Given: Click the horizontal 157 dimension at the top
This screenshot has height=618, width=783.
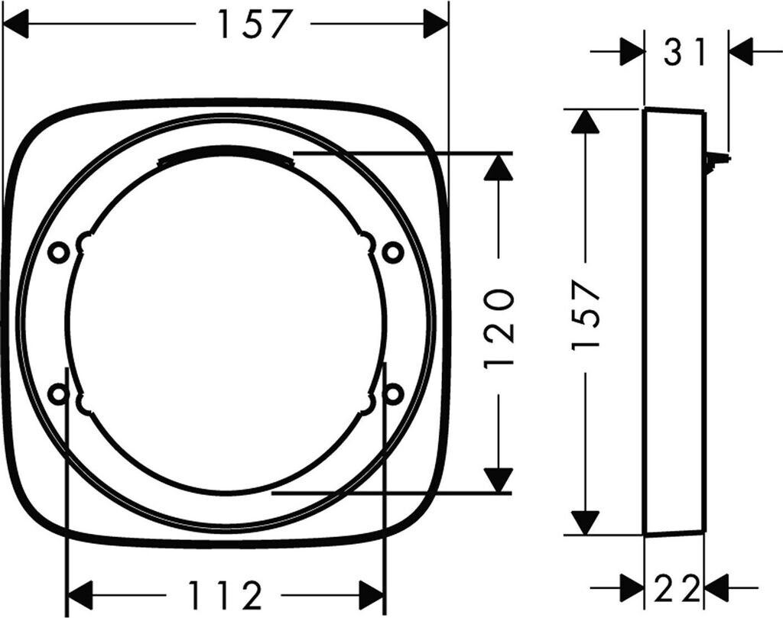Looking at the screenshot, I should [254, 25].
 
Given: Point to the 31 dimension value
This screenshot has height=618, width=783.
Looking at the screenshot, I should [684, 53].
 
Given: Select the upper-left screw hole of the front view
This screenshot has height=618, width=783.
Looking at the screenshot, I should [57, 251].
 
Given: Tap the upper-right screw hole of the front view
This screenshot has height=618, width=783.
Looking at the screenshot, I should [392, 251].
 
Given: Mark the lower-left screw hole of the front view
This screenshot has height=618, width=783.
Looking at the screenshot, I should [57, 393].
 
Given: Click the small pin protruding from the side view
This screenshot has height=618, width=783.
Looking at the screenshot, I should [716, 160].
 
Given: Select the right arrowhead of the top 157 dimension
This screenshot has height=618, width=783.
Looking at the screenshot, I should [435, 25].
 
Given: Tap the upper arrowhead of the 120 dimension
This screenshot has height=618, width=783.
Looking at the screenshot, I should [498, 167].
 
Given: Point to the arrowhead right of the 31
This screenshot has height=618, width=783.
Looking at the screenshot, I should [741, 53].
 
